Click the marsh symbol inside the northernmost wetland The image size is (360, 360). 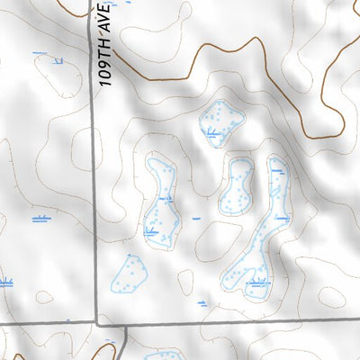click(213, 136)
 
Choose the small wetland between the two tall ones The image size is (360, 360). click(238, 184)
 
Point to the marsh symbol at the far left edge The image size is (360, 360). click(4, 283)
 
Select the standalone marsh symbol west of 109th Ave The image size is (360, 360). click(40, 219)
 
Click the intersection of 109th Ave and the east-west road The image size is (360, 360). click(95, 321)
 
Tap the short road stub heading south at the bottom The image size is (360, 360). click(124, 342)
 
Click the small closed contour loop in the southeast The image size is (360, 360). click(333, 297)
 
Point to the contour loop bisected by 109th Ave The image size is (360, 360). click(90, 148)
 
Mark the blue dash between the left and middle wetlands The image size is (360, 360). click(196, 218)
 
